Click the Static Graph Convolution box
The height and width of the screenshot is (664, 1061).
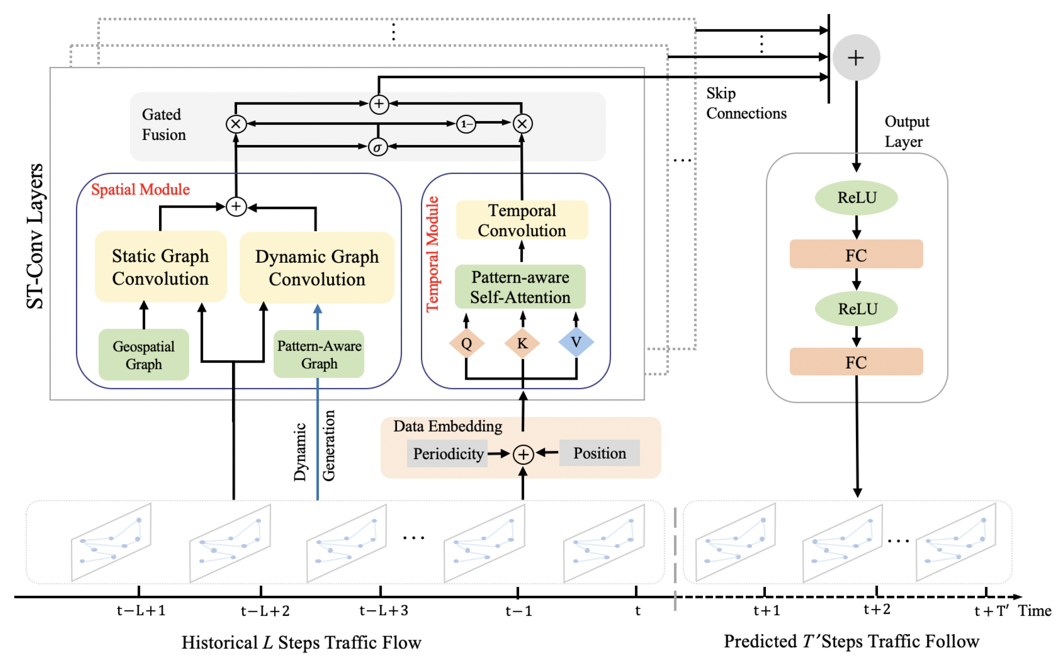tap(160, 267)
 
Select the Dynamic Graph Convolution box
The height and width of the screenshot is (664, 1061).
tap(316, 267)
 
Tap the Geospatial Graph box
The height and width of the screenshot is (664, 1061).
tap(144, 354)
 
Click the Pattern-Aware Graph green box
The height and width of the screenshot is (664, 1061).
tap(319, 354)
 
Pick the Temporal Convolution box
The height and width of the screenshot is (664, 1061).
tap(522, 220)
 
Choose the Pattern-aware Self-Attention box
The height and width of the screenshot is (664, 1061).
tap(520, 287)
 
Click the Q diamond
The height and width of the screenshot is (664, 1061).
tap(467, 343)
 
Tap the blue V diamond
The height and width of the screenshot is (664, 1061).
tap(576, 342)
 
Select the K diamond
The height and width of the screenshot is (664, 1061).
tap(522, 343)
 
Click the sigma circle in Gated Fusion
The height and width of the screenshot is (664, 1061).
tap(377, 147)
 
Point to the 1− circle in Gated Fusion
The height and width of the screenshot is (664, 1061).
tap(466, 124)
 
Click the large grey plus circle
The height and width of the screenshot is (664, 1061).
tap(855, 58)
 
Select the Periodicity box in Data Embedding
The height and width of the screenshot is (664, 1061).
tap(447, 454)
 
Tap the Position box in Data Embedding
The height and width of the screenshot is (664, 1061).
tap(599, 453)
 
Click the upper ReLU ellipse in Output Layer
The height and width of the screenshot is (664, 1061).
tap(856, 197)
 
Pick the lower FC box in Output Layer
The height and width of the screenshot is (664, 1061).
tap(856, 362)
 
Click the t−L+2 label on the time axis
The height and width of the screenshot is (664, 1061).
tap(265, 611)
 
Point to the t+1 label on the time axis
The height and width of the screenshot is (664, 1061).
tap(766, 610)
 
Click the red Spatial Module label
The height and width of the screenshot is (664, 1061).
tap(140, 189)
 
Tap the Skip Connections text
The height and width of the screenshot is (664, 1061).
tap(745, 103)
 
